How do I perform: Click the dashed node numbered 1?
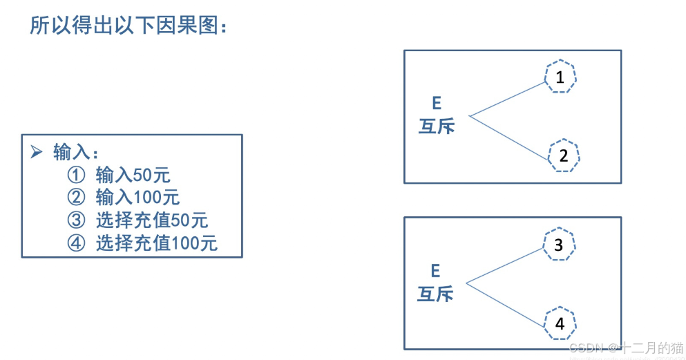(x=560, y=77)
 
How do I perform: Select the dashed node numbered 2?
(x=563, y=155)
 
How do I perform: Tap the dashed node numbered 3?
(x=559, y=245)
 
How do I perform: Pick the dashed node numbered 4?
(x=560, y=323)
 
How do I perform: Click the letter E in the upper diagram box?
(x=436, y=103)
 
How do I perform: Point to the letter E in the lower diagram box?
(x=435, y=270)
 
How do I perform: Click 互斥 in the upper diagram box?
(x=437, y=126)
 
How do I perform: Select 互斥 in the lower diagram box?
(x=435, y=294)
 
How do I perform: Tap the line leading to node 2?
(x=510, y=137)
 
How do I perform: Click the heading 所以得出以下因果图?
(x=128, y=26)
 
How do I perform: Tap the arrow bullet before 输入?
(x=37, y=152)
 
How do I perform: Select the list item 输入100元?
(x=137, y=198)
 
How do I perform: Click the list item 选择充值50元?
(x=151, y=220)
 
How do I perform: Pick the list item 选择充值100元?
(x=156, y=243)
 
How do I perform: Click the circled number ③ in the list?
(x=75, y=220)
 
